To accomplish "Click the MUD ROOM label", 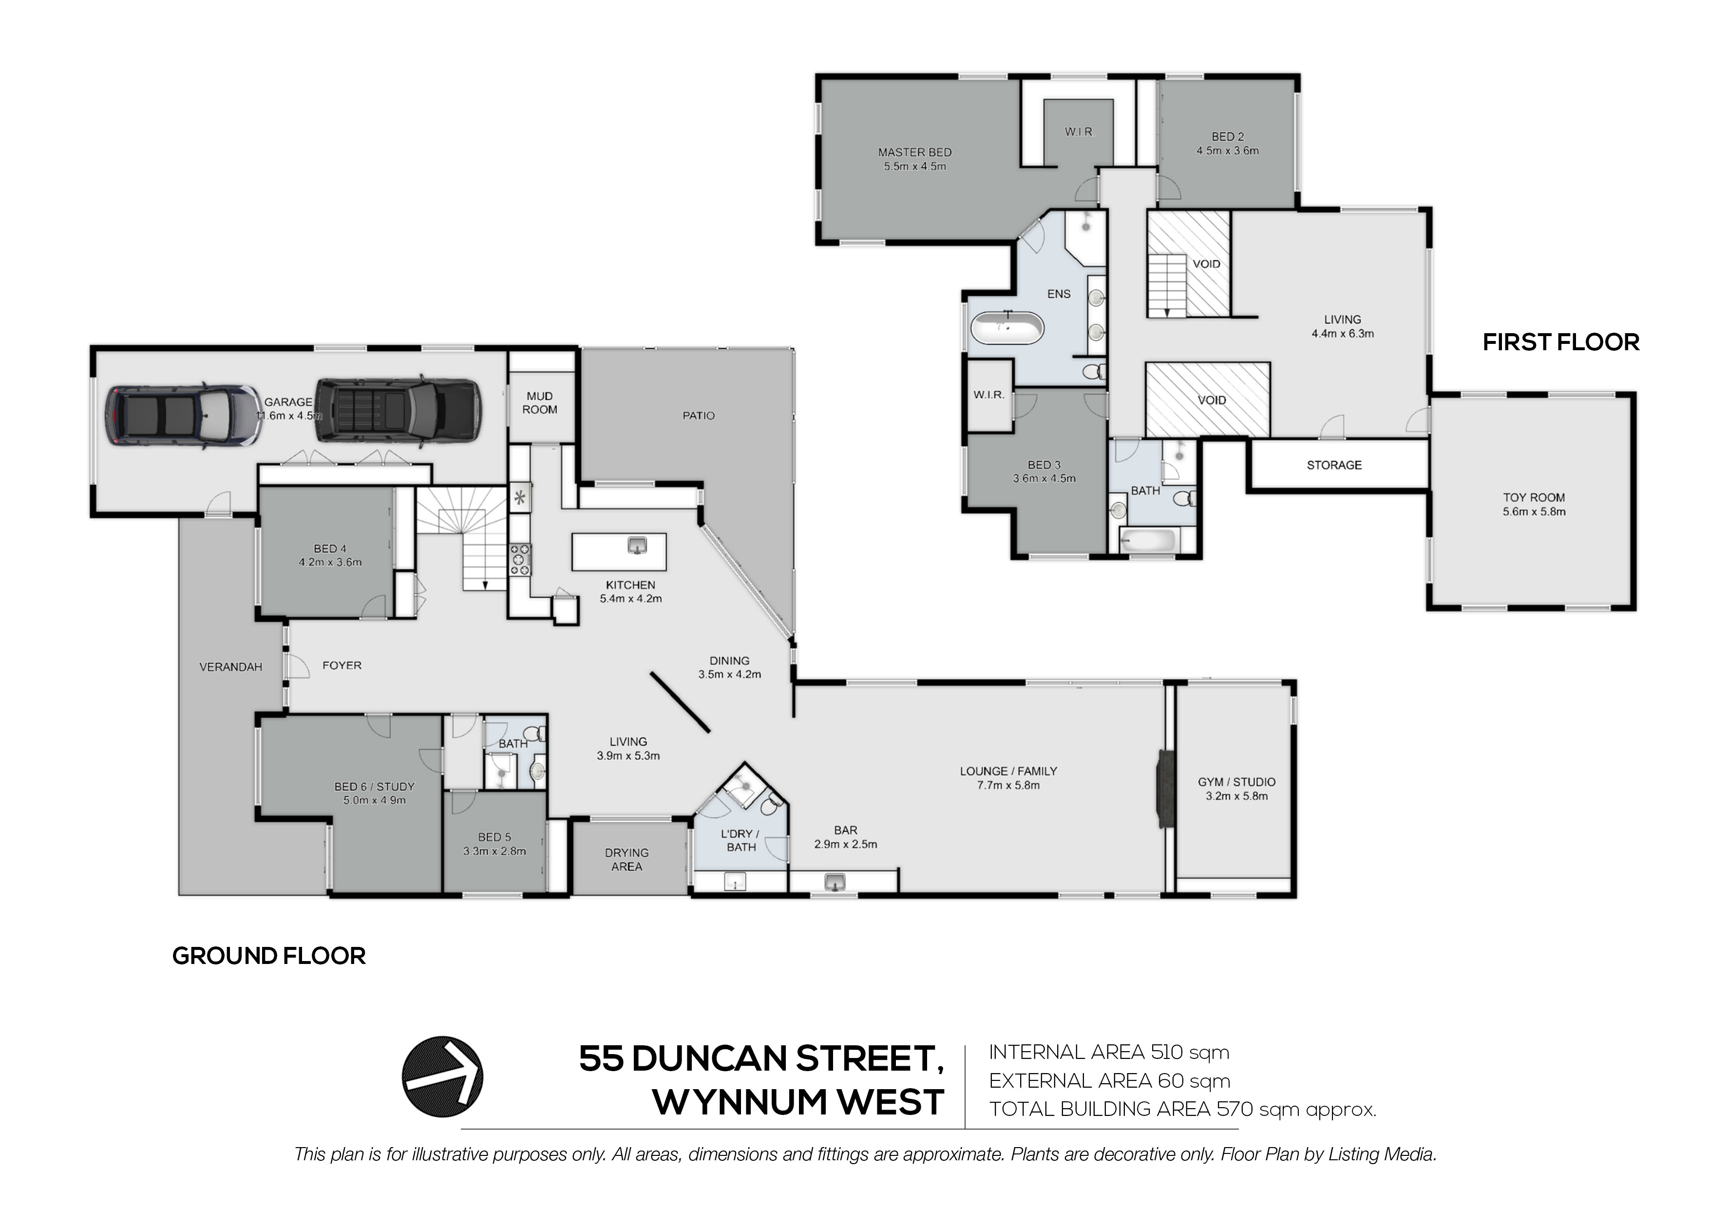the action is click(540, 403).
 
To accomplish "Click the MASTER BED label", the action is click(915, 152).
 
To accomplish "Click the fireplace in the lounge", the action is click(1163, 788).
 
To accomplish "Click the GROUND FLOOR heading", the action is click(269, 956).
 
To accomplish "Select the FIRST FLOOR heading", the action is click(1561, 342).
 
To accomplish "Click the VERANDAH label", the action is click(231, 667).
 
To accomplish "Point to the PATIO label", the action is click(698, 415).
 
